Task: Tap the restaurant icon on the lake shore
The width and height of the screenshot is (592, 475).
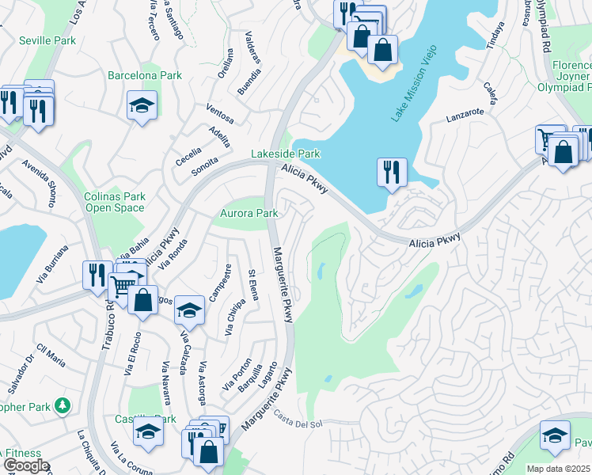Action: [391, 173]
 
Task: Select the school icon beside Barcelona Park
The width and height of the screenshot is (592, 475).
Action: [142, 106]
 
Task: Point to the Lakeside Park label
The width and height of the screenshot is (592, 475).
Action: [286, 154]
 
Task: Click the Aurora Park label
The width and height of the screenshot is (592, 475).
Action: [249, 214]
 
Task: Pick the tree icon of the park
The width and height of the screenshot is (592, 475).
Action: [62, 405]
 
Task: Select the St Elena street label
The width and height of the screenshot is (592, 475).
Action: [252, 285]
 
